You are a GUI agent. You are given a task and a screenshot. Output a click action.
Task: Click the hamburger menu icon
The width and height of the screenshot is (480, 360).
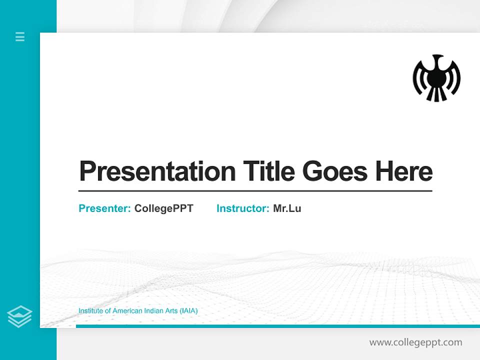pyautogui.click(x=20, y=36)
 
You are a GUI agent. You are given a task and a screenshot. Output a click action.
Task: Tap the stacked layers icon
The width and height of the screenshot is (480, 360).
pyautogui.click(x=19, y=316)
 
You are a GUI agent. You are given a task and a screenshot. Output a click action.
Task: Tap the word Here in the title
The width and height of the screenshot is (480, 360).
pyautogui.click(x=404, y=171)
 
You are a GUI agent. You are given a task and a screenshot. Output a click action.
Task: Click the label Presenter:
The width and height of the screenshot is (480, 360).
pyautogui.click(x=105, y=208)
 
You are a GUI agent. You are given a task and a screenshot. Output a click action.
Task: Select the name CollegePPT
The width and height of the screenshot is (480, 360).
pyautogui.click(x=164, y=208)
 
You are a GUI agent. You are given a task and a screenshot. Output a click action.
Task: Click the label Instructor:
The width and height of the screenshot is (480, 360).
pyautogui.click(x=243, y=208)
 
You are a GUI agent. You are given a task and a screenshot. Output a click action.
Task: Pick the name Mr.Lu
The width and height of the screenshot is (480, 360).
pyautogui.click(x=287, y=208)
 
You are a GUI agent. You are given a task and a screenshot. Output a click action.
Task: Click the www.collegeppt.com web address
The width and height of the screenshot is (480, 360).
pyautogui.click(x=415, y=342)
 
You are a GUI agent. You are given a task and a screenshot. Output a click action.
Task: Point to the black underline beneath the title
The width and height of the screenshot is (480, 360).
pyautogui.click(x=255, y=191)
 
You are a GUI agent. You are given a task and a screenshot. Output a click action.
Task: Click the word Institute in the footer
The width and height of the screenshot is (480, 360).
pyautogui.click(x=90, y=311)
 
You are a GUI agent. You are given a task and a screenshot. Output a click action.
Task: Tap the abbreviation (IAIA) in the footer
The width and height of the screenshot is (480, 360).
pyautogui.click(x=188, y=311)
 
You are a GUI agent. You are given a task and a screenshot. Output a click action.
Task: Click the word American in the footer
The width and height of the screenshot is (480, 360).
pyautogui.click(x=126, y=311)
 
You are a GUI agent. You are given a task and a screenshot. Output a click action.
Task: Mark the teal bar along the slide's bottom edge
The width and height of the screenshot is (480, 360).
pyautogui.click(x=277, y=326)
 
